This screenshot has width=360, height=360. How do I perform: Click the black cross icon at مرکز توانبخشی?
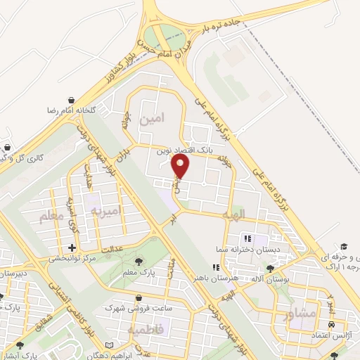tap(72, 248)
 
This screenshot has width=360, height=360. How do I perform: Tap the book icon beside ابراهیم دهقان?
tap(108, 345)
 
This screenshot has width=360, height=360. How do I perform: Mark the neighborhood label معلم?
tap(51, 218)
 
